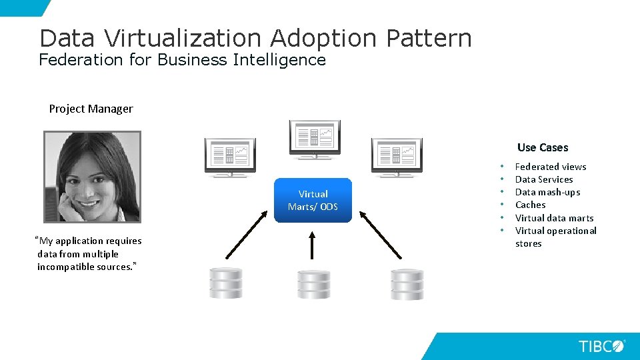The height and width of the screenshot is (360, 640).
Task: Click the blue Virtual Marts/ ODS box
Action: pos(313,200)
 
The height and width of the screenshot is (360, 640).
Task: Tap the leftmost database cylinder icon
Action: pos(225,283)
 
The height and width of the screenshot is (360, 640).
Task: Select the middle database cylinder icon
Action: pos(313,285)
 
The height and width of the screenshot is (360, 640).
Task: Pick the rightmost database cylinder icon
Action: pos(407,284)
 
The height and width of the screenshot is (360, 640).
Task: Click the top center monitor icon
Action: pos(315,138)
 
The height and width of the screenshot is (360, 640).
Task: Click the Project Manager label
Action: pos(91,109)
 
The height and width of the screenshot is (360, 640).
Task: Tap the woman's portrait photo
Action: pos(92,176)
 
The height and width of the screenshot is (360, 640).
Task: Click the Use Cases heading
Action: pos(543,147)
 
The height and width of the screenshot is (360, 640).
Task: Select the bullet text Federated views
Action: pos(551,167)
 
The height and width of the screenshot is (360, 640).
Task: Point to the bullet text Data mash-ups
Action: pos(547,192)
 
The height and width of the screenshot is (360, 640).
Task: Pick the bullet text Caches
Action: pos(530,205)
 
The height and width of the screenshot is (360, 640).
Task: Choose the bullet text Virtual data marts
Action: pos(554,218)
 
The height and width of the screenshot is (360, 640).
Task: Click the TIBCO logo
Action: pos(601,346)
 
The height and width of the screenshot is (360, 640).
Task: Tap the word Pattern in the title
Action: pos(429,38)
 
